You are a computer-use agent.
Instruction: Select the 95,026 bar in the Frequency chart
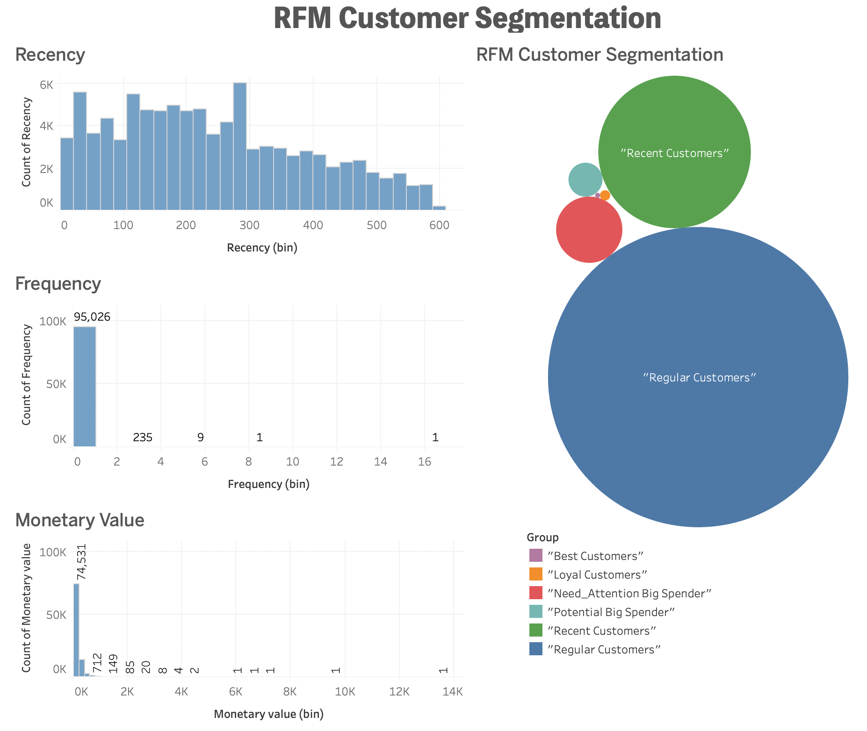[85, 388]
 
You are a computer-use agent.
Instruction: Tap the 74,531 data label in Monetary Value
[82, 562]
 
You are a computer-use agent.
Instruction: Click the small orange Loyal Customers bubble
[605, 195]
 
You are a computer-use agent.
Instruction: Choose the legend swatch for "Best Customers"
[536, 555]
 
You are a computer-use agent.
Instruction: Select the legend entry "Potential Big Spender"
[611, 612]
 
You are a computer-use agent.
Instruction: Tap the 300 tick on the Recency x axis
[249, 226]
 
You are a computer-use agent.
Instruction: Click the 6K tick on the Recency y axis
[47, 85]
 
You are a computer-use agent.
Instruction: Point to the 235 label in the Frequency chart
[143, 437]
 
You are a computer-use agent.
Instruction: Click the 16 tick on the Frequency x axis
[424, 462]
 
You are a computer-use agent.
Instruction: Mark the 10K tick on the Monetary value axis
[345, 692]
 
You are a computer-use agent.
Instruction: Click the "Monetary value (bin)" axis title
[268, 714]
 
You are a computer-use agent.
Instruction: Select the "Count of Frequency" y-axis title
[27, 375]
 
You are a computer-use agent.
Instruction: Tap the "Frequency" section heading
[58, 284]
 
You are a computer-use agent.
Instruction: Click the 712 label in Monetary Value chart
[97, 663]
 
